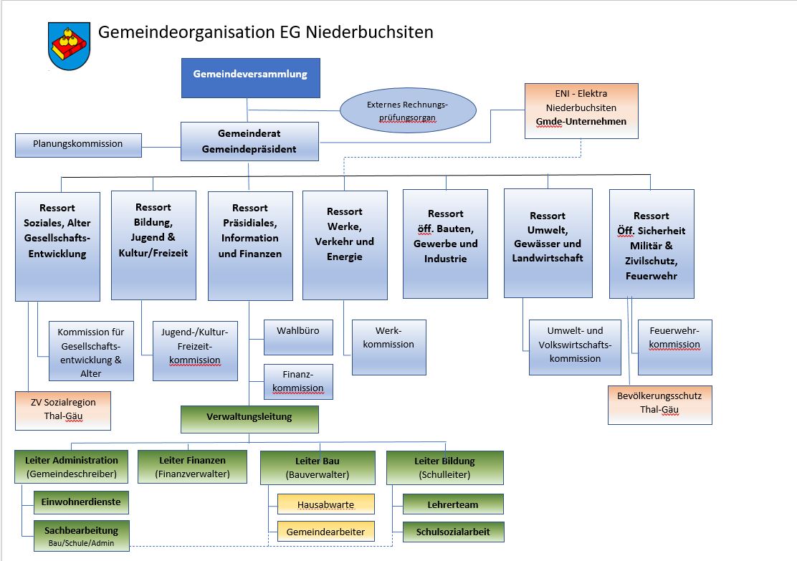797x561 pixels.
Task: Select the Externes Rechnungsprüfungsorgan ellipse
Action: tap(408, 110)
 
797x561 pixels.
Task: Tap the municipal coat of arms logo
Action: tap(69, 45)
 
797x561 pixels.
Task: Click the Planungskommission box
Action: tap(78, 144)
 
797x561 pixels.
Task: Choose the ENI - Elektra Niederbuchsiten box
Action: tap(581, 111)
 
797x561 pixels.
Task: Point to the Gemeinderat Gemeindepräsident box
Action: tap(249, 142)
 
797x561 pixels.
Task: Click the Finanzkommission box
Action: tap(298, 381)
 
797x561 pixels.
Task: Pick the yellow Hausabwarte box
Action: tap(325, 504)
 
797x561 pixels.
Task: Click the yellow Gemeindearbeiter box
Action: tap(325, 532)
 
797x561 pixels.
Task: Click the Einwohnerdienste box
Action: tap(81, 502)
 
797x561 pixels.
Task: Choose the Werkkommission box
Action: tap(388, 347)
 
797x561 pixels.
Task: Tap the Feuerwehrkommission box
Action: tap(674, 347)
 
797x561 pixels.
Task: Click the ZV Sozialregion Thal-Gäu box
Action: tap(63, 410)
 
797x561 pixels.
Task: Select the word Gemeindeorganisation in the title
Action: tap(182, 32)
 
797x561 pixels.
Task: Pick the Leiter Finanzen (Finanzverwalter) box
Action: tap(192, 467)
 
